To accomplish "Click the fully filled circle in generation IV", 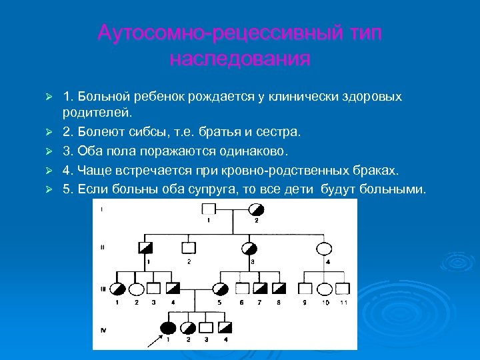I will point(168,327).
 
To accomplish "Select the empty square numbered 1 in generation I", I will point(207,210).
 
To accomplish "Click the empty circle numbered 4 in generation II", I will point(323,249).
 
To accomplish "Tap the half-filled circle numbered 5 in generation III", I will point(219,289).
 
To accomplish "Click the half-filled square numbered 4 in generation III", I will point(173,289).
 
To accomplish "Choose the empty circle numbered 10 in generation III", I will point(325,289).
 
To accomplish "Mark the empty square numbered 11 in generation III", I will point(343,289).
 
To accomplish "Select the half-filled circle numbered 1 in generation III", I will point(118,289).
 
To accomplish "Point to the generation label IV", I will point(101,328).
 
